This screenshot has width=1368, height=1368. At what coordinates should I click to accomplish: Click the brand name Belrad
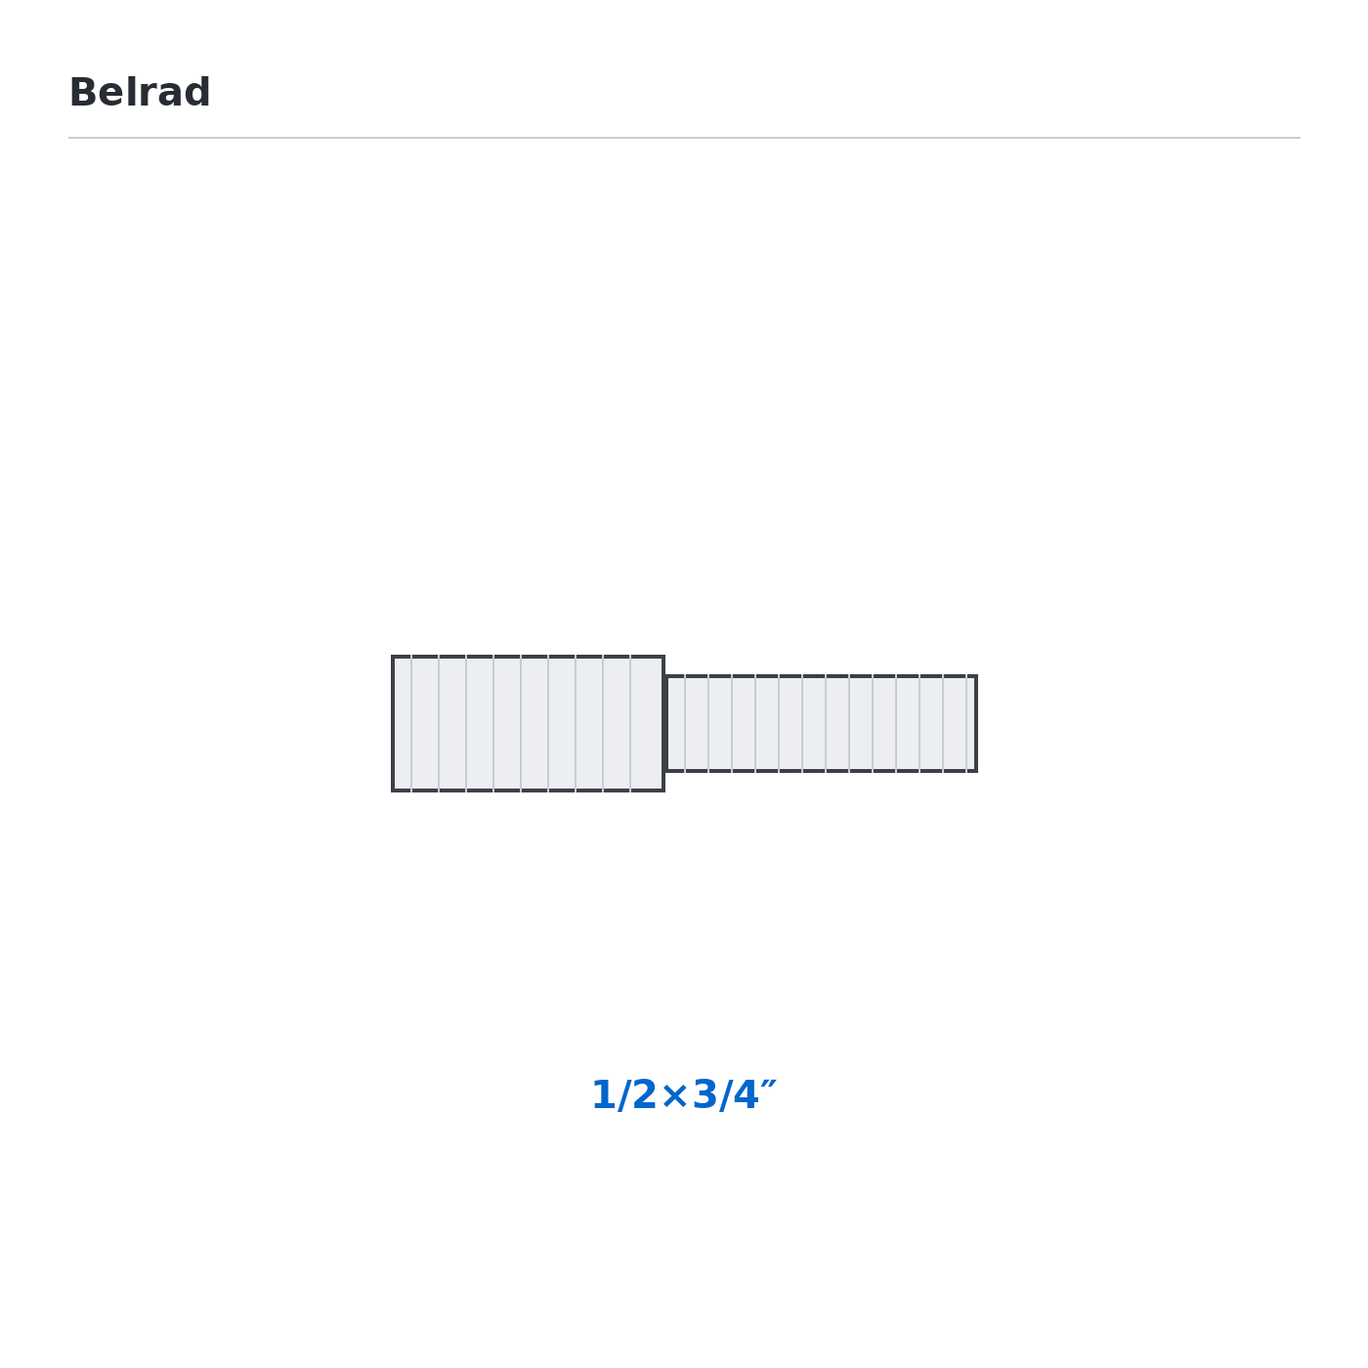(x=139, y=92)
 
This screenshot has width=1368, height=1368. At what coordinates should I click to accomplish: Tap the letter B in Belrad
(x=82, y=93)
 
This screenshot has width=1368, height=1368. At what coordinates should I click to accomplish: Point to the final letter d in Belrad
(x=197, y=92)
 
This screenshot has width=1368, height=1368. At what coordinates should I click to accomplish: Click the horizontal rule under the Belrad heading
(x=684, y=138)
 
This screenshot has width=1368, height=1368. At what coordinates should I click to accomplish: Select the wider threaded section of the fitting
(x=528, y=723)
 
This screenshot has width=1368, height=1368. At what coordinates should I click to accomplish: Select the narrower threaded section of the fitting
(x=822, y=723)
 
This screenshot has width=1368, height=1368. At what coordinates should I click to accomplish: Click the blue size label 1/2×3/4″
(x=684, y=1095)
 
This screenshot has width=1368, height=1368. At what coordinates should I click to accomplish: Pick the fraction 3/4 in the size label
(x=726, y=1095)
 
